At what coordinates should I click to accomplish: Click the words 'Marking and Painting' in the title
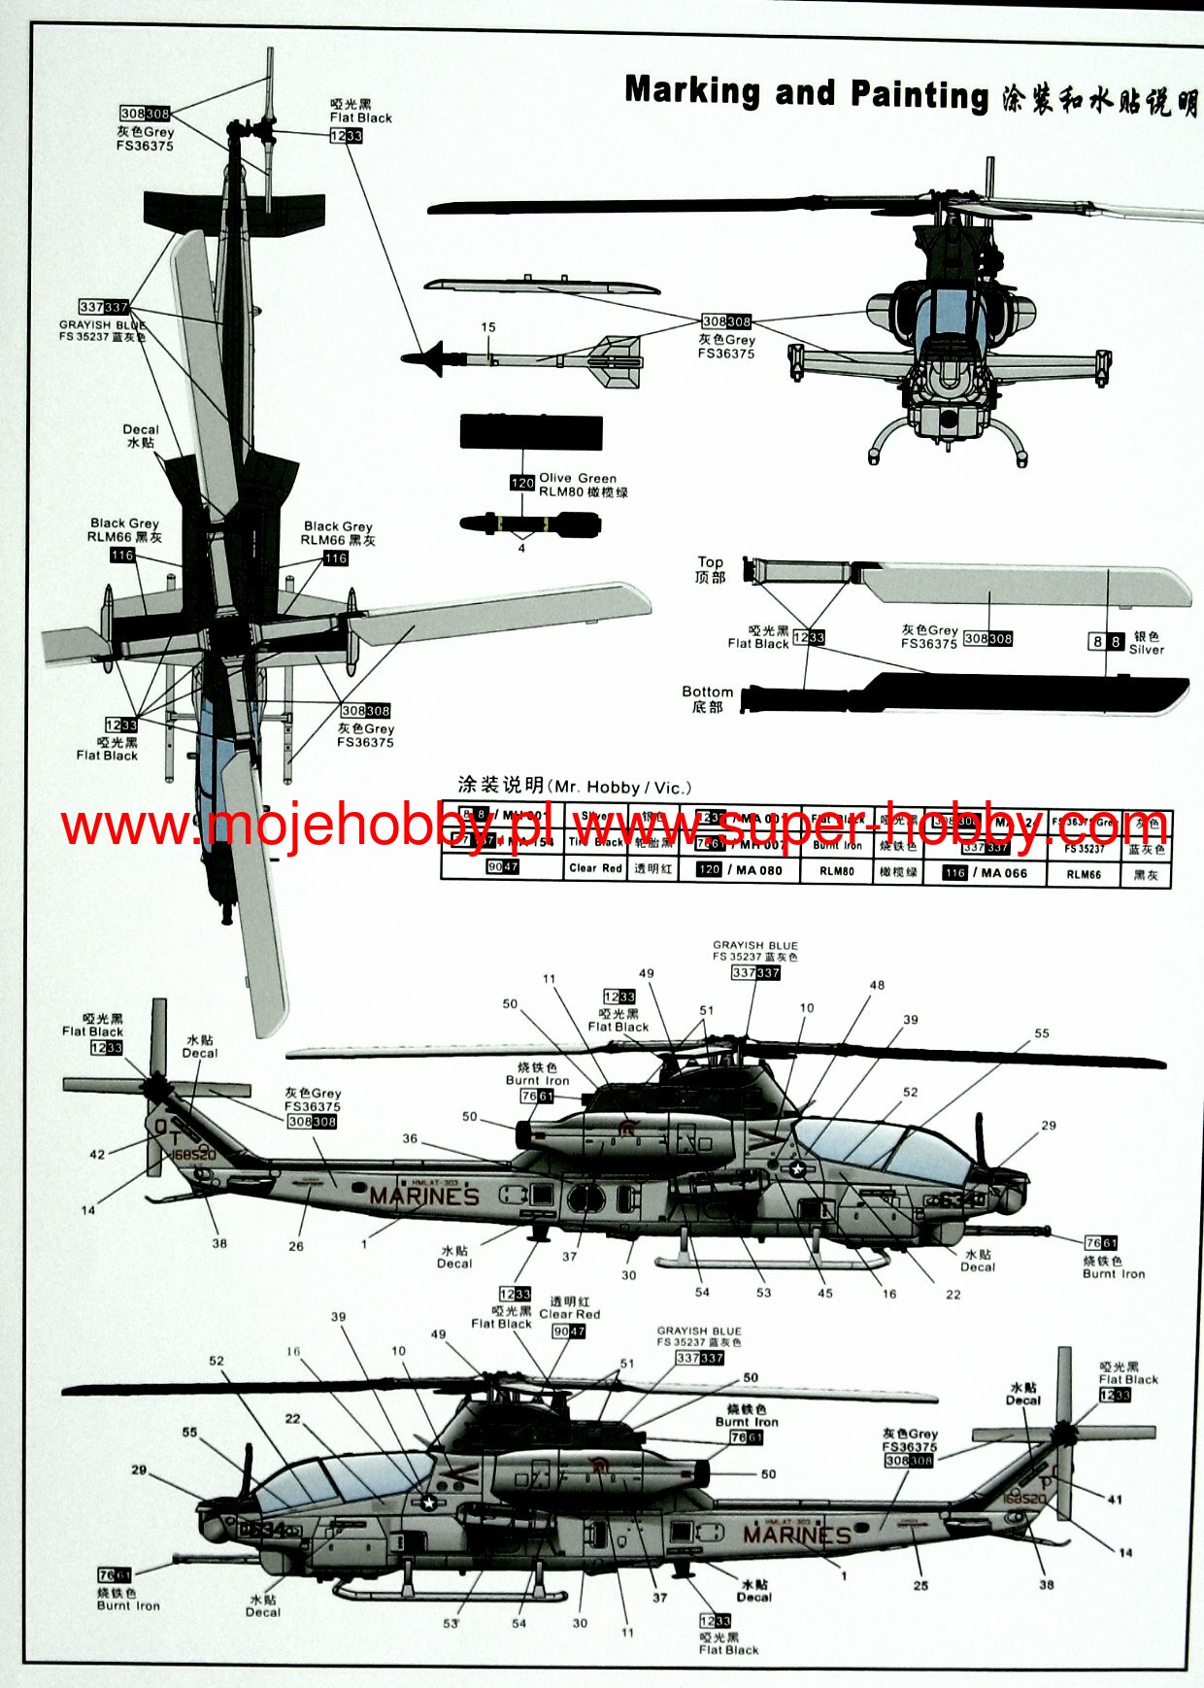(x=806, y=93)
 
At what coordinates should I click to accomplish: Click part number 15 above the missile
(x=487, y=328)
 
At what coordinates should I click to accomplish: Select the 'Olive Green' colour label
(x=578, y=478)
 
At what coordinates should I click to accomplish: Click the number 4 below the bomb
(x=521, y=549)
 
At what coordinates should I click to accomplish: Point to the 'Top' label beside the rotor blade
(x=710, y=562)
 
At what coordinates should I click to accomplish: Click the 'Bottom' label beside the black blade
(x=707, y=692)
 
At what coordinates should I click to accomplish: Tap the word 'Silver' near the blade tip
(x=1146, y=650)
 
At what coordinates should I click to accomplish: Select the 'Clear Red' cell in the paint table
(x=595, y=868)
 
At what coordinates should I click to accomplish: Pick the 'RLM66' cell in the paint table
(x=1084, y=874)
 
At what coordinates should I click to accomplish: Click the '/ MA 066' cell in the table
(x=1003, y=873)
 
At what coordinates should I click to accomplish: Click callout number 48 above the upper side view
(x=877, y=985)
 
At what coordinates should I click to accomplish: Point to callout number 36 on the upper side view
(x=410, y=1138)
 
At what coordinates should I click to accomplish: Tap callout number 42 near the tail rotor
(x=97, y=1155)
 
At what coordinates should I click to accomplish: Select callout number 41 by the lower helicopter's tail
(x=1115, y=1500)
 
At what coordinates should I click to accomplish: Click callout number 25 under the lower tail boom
(x=920, y=1586)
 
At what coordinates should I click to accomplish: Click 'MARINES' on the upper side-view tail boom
(x=424, y=1197)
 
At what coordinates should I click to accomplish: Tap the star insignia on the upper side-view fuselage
(x=798, y=1169)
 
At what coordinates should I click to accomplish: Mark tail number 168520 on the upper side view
(x=193, y=1155)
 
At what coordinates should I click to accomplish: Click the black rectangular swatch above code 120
(x=531, y=432)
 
